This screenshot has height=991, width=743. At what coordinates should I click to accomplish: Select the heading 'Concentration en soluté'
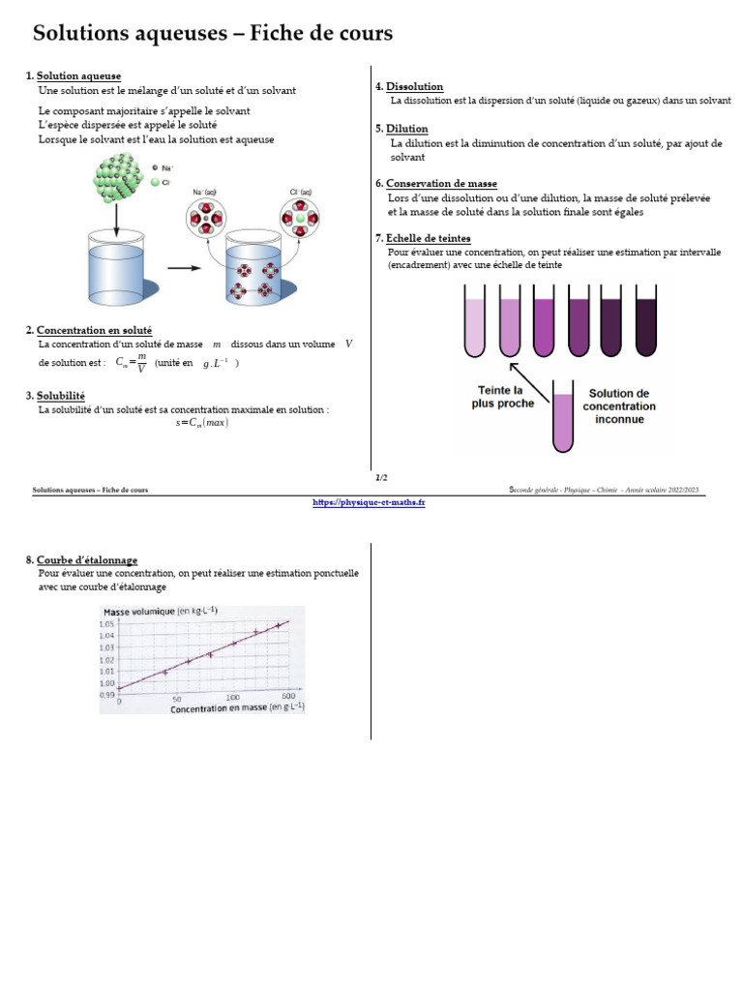(x=94, y=330)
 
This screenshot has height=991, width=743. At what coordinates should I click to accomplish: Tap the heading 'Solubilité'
(x=61, y=396)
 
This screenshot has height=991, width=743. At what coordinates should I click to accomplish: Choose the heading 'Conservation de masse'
(x=441, y=184)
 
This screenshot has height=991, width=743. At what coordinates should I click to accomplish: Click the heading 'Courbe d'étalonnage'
(x=87, y=560)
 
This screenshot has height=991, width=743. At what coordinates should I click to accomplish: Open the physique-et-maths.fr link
(x=370, y=502)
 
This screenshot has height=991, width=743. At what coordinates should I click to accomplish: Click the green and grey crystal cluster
(x=119, y=181)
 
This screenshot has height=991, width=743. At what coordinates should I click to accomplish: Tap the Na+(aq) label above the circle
(x=205, y=193)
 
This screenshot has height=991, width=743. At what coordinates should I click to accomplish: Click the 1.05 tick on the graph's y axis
(x=107, y=624)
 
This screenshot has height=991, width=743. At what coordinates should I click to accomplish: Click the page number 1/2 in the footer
(x=381, y=477)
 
